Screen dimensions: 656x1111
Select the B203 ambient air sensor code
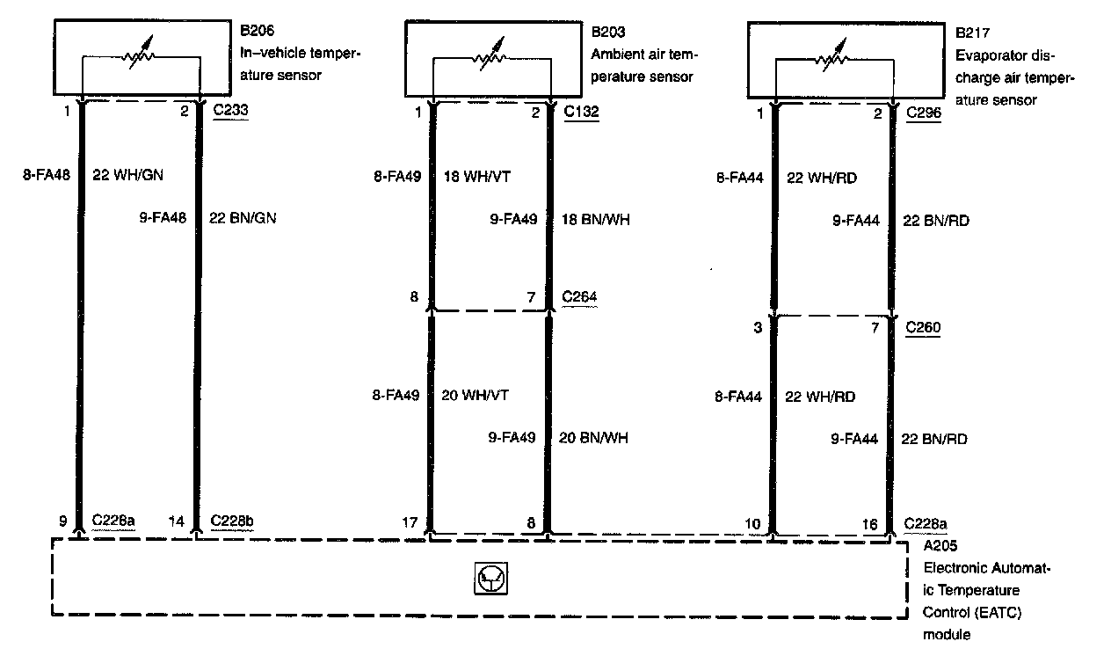tap(608, 32)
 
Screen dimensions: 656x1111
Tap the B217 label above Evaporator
tap(973, 33)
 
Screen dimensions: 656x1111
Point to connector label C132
tap(581, 112)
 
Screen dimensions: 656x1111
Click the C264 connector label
tap(580, 297)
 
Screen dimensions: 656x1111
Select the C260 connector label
tap(923, 328)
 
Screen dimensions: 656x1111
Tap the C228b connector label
tap(234, 521)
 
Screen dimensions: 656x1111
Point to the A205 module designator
tap(940, 545)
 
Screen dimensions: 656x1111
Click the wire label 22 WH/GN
tap(127, 175)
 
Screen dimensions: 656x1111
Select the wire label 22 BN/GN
tap(243, 218)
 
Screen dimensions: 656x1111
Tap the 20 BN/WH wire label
tap(594, 438)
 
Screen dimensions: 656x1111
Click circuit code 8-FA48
tap(45, 175)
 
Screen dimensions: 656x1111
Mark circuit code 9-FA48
tap(163, 218)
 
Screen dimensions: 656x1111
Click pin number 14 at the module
tap(177, 521)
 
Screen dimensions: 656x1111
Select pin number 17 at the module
tap(410, 521)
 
